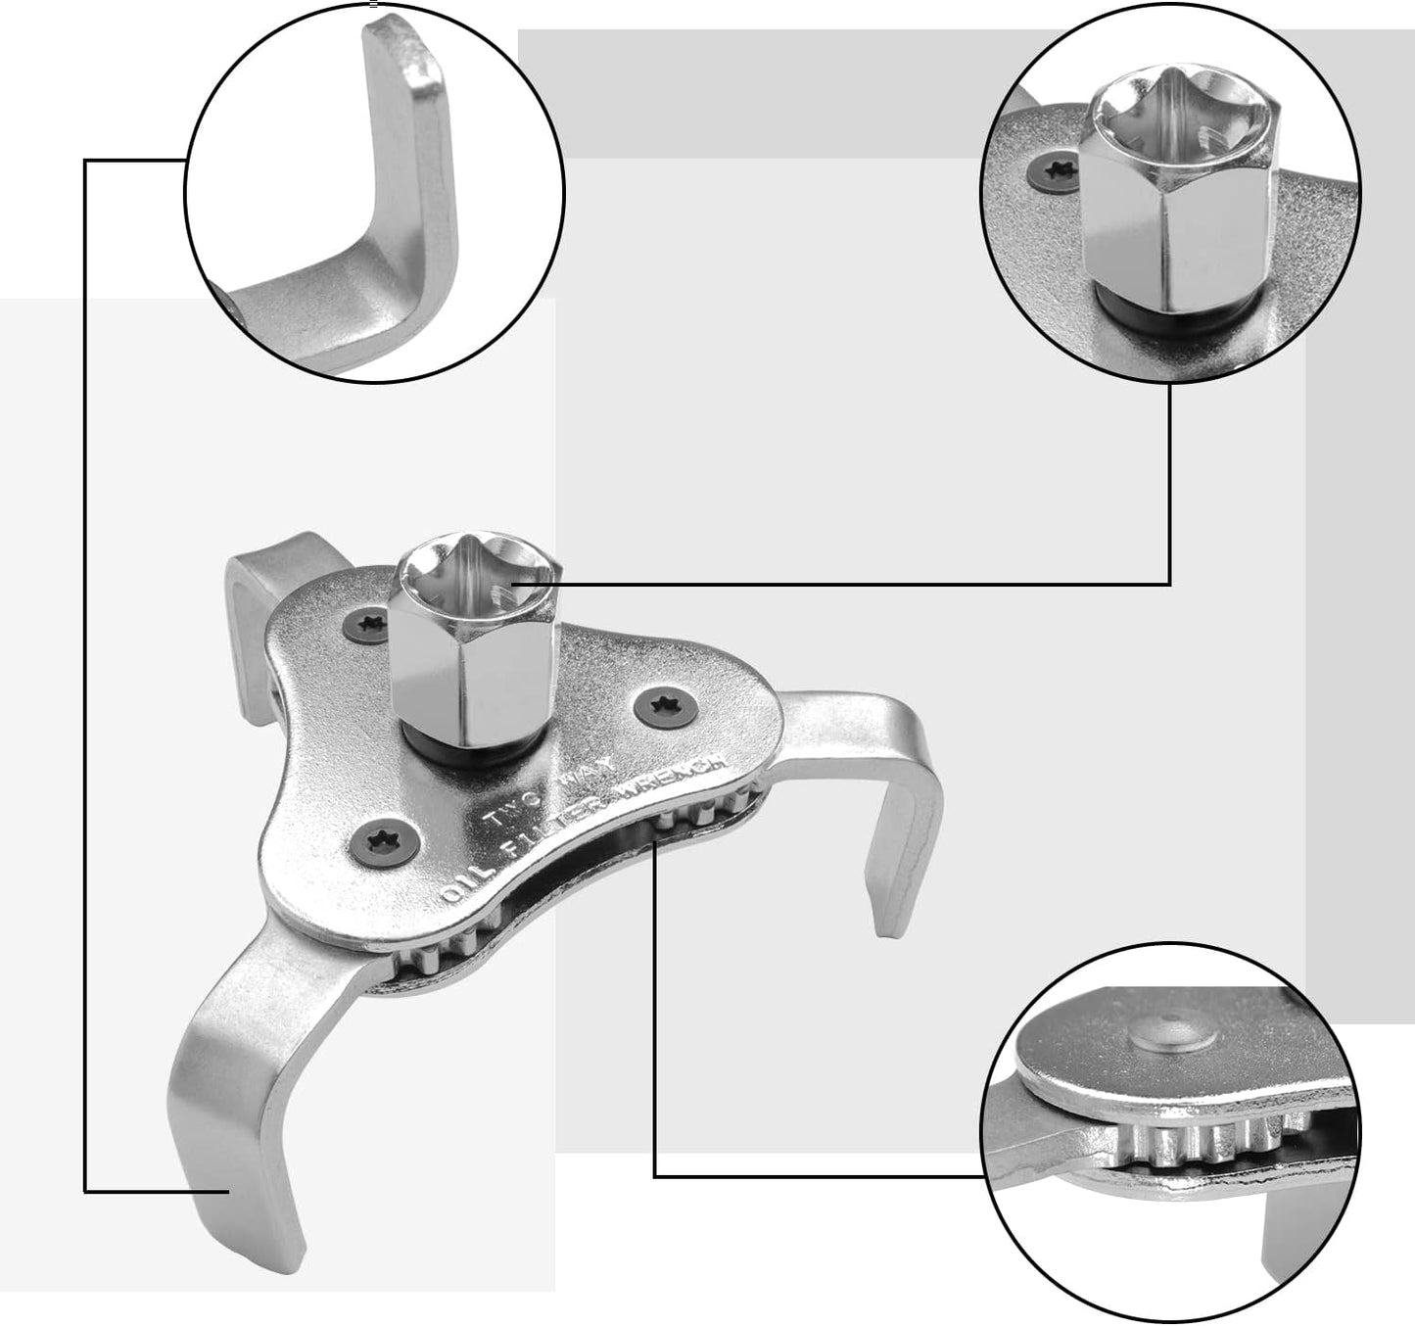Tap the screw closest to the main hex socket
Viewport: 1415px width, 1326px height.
[373, 623]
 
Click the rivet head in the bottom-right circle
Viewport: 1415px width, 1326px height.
[1172, 1039]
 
